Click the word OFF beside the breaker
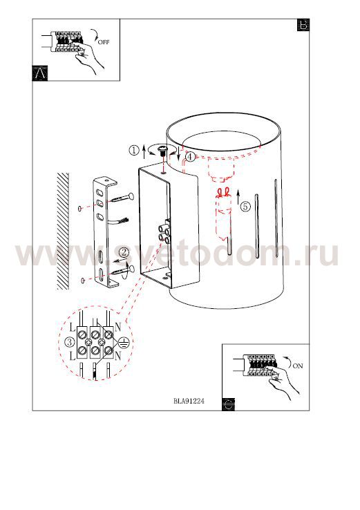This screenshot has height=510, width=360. coord(104,42)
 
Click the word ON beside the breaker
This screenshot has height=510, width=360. coord(298,366)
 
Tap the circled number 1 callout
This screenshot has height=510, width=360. coord(134,150)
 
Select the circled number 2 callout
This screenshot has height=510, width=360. coord(124,253)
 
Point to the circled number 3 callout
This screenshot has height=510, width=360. coord(70,342)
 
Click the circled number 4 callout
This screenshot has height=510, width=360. coord(190,157)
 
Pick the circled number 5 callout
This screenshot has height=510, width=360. coord(245,206)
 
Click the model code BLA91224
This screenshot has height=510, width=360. coord(189,401)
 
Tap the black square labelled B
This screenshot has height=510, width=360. coord(303,25)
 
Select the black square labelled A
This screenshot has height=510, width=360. coord(40,73)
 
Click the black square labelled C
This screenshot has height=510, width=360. coord(228,404)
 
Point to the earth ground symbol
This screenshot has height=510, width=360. coord(124,342)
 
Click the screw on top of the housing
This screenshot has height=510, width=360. coord(162,151)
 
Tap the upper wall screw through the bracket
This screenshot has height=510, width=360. coord(120,198)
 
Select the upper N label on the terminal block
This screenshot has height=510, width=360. coord(117,326)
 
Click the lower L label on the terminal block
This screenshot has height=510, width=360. coord(72,356)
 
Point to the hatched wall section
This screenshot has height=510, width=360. coord(63,232)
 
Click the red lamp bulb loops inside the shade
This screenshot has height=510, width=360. coord(223,193)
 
